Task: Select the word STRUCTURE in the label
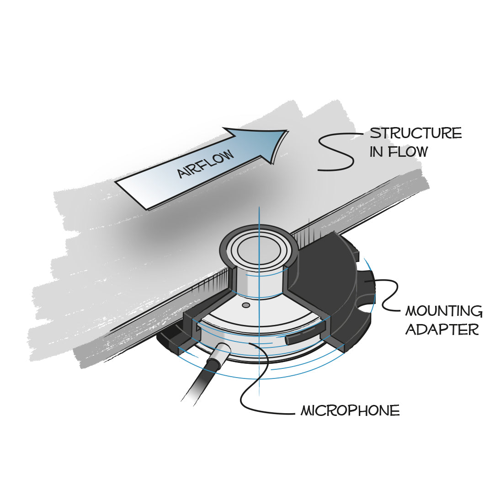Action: point(415,133)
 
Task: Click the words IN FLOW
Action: point(398,152)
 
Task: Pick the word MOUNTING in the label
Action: point(443,312)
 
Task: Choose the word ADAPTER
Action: point(442,329)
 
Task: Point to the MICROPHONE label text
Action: point(350,410)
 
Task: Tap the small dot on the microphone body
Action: point(246,304)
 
